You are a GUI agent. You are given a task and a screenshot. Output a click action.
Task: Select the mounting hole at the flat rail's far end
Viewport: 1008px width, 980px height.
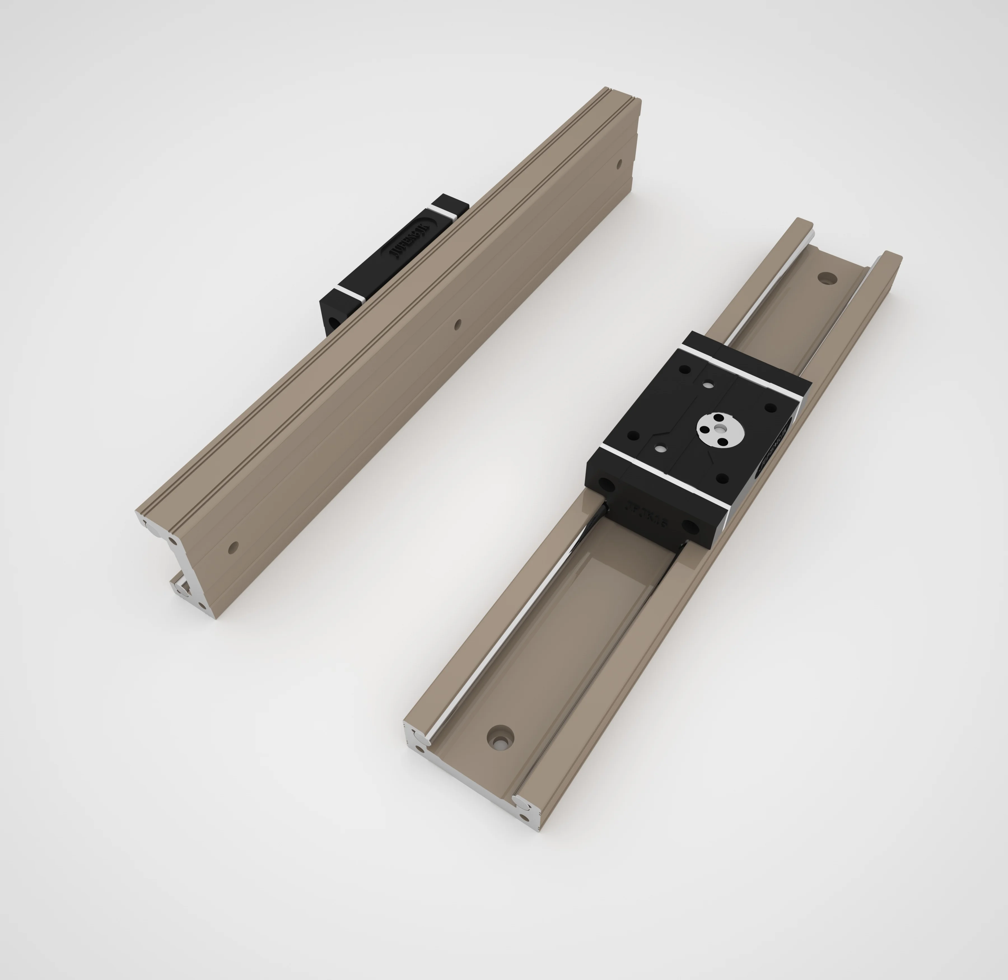pyautogui.click(x=827, y=278)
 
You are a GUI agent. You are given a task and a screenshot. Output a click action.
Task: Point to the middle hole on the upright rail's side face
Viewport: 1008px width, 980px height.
pyautogui.click(x=458, y=324)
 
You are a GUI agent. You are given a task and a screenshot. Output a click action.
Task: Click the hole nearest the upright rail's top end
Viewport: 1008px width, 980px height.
pyautogui.click(x=619, y=164)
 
